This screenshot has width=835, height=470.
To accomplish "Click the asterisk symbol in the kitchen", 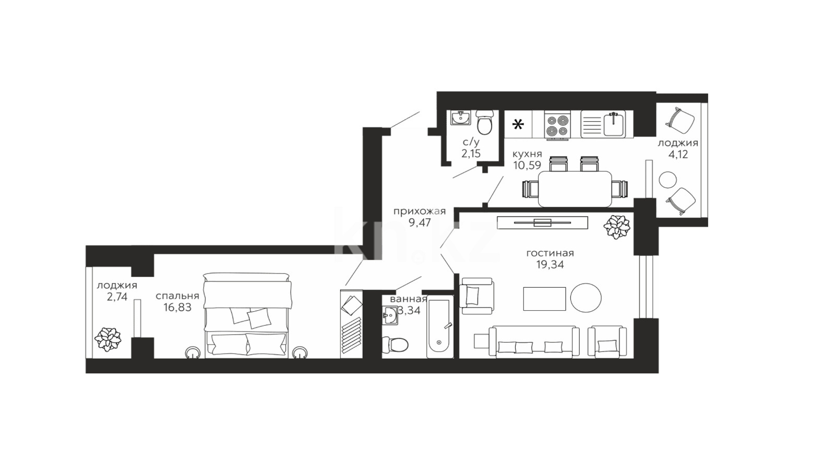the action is [518, 125].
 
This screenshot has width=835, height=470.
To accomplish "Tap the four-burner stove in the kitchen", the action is [557, 125].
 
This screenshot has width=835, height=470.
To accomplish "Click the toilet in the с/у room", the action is [484, 122].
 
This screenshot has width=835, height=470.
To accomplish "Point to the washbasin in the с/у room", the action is [460, 118].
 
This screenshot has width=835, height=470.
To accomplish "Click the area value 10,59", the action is [527, 165].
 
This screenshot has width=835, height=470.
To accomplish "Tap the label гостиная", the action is [550, 253].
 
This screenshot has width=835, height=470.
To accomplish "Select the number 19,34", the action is [550, 265].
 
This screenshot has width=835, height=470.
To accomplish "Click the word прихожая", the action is [420, 212].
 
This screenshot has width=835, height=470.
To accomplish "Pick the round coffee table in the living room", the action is [586, 298].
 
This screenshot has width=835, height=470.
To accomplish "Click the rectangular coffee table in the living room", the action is [544, 298].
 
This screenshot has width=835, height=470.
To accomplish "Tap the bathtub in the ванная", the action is [440, 327].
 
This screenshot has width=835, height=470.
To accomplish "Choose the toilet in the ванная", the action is [395, 344].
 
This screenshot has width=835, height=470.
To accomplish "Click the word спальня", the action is [177, 296].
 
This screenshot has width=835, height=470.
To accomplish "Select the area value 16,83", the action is [177, 308].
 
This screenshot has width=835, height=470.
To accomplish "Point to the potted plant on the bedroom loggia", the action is [108, 339].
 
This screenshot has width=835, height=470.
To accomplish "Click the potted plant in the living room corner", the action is [616, 227].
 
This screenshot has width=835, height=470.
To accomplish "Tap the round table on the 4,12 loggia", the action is [667, 180].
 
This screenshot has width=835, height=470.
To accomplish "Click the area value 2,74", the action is [117, 297].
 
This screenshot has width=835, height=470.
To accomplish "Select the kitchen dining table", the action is [575, 189].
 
